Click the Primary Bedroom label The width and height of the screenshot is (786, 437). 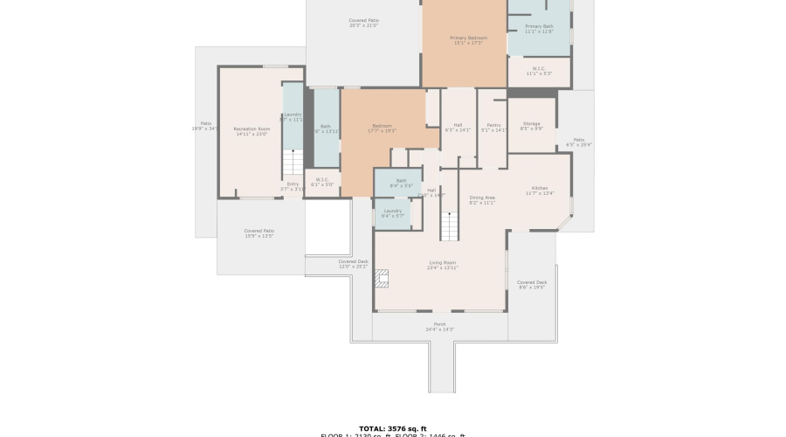tap(469, 40)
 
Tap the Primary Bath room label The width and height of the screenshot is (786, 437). tap(539, 29)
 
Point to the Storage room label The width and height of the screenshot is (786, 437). tap(531, 126)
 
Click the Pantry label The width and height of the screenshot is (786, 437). tap(493, 127)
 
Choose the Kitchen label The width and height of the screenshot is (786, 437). tap(540, 191)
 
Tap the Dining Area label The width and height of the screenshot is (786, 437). tap(483, 200)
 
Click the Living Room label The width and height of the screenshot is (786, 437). tap(442, 265)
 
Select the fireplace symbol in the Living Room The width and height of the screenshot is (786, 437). tap(382, 278)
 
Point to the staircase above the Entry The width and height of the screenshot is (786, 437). tap(293, 163)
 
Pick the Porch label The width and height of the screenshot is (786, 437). tap(440, 326)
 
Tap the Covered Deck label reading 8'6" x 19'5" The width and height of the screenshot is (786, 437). tap(531, 284)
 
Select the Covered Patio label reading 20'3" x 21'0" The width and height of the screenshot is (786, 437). tap(363, 23)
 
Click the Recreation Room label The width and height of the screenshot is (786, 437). tap(252, 131)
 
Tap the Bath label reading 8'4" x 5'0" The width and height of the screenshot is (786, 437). tap(401, 183)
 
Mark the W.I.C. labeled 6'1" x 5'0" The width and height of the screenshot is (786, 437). tap(322, 182)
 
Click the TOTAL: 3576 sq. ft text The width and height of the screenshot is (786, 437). tap(393, 428)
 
